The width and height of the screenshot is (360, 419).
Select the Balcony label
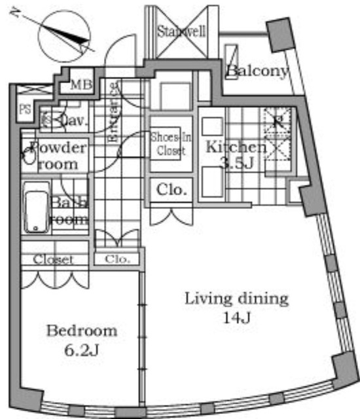(x=257, y=71)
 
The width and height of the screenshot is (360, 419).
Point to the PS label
(x=26, y=109)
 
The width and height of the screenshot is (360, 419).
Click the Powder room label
(x=57, y=155)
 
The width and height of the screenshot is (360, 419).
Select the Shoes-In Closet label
(x=168, y=144)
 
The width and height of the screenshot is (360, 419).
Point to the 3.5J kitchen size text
(x=237, y=164)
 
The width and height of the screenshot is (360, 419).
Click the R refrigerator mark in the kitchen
(x=278, y=120)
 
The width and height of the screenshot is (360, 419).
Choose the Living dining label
(x=236, y=300)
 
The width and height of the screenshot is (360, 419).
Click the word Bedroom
(x=81, y=331)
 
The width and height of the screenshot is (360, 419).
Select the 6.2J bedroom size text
(x=81, y=350)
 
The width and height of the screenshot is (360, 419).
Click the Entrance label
(x=113, y=116)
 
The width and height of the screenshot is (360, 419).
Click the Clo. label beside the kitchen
(x=172, y=191)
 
